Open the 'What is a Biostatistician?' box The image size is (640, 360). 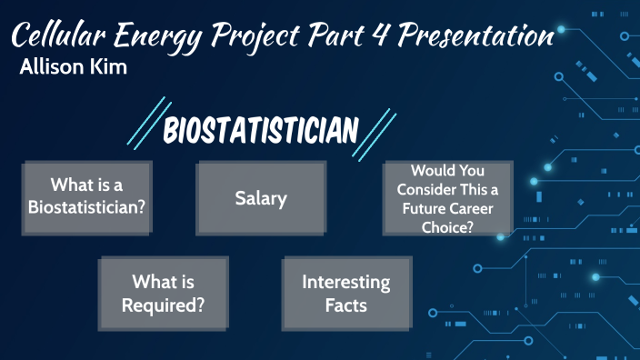[x=86, y=195]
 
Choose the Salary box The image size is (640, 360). [x=261, y=197]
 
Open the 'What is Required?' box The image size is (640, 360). [x=163, y=294]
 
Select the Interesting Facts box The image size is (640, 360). [x=346, y=294]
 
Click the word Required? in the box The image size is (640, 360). [x=163, y=305]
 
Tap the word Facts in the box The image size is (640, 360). [x=346, y=305]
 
